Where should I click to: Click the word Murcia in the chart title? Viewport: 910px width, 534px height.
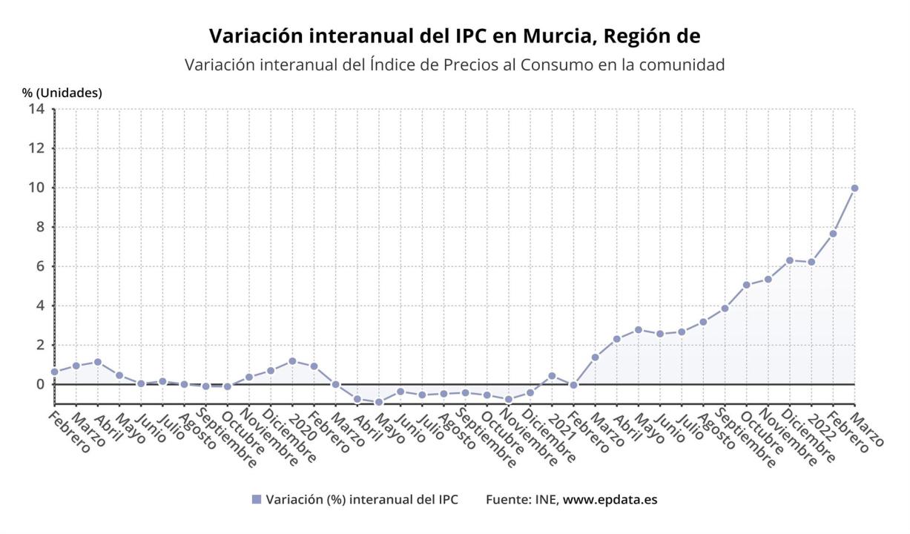(551, 36)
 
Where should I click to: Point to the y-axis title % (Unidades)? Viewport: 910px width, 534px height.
(62, 93)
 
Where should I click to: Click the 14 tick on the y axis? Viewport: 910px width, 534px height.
(37, 109)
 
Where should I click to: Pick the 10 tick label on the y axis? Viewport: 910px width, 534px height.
(37, 188)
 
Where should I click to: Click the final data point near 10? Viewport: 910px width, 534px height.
(854, 188)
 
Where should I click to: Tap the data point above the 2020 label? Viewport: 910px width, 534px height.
(292, 361)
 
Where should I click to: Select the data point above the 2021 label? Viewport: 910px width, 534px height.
(552, 376)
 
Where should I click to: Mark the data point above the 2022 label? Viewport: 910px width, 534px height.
(811, 262)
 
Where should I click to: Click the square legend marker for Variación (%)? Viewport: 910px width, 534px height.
(257, 500)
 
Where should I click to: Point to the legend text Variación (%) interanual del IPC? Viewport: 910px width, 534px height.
(362, 500)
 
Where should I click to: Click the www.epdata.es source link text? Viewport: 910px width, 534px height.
(610, 500)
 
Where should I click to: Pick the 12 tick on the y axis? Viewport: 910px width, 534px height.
(37, 148)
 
